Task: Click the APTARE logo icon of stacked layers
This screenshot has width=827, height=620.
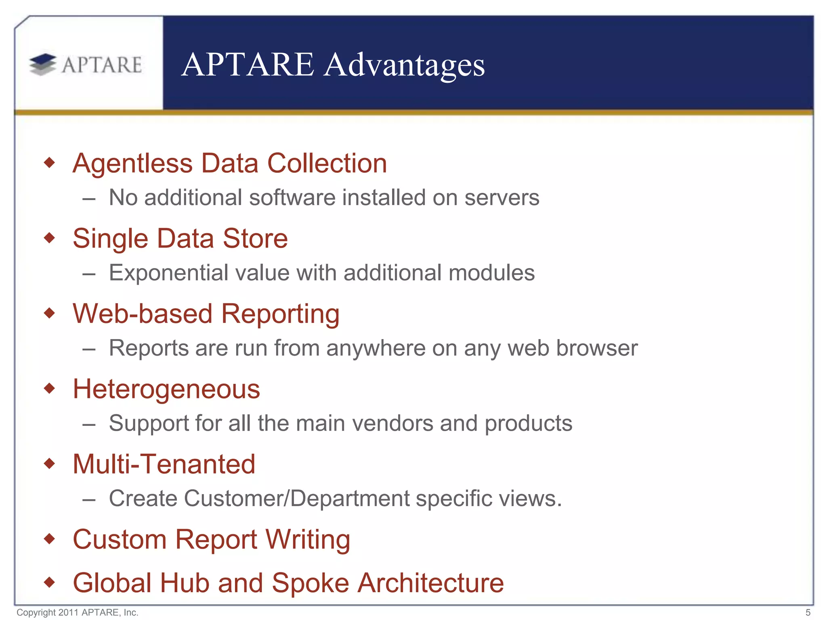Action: coord(43,65)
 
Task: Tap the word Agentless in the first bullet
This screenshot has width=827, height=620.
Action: coord(132,163)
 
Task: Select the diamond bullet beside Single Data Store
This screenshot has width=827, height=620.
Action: coord(49,238)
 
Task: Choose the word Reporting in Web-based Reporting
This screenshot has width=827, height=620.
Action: coord(280,314)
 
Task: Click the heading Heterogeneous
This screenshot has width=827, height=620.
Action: coord(166,389)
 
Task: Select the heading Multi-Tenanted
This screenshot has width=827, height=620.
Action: coord(164,464)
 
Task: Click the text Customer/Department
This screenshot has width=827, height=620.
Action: coord(297,499)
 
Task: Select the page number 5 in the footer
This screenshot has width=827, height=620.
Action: coord(808,612)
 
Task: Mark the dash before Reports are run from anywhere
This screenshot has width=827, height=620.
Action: coord(89,348)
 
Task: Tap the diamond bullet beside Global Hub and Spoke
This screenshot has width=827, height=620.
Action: coord(49,582)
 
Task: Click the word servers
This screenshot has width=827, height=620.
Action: coord(502,198)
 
